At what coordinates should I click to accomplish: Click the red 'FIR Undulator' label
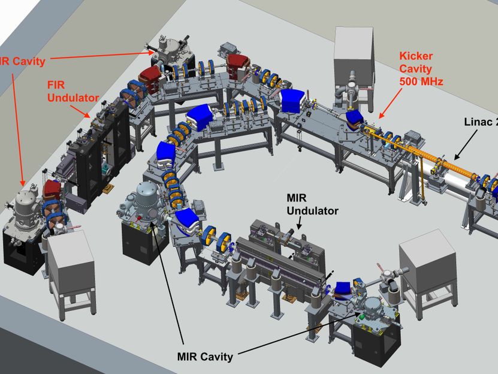(73, 91)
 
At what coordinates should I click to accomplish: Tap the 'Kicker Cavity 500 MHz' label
(421, 69)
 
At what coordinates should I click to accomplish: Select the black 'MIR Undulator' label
(312, 204)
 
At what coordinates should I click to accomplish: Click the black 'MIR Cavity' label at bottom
(205, 356)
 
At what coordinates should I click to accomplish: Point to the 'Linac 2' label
(481, 122)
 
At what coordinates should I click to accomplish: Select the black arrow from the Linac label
(466, 145)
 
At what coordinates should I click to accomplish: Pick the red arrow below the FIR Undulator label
(80, 111)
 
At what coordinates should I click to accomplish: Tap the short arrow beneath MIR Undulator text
(298, 224)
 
